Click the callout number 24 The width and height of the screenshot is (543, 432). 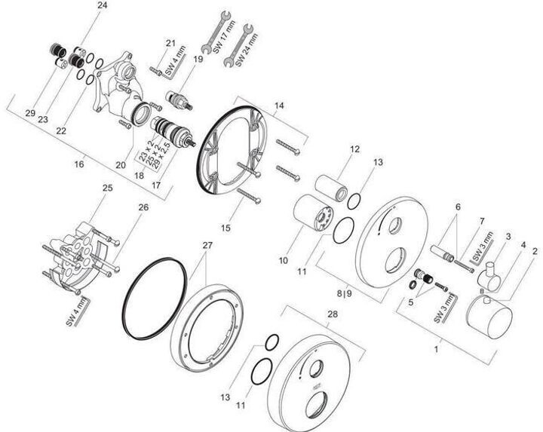pos(103,5)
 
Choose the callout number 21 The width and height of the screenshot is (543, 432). pos(171,42)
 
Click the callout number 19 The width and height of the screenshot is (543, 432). pos(199,58)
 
